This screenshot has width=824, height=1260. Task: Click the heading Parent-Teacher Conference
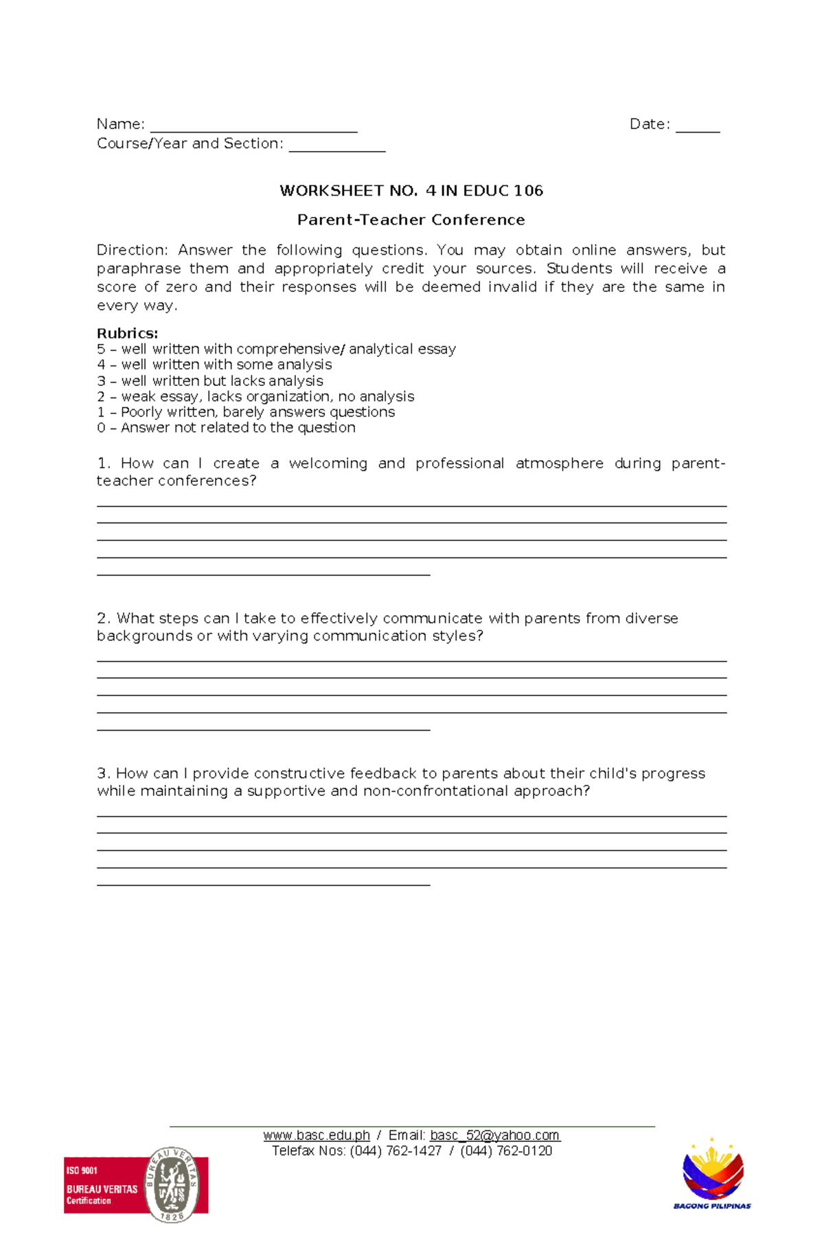point(411,220)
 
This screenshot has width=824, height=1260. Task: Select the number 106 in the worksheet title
point(528,191)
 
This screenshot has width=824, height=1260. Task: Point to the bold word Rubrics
point(127,333)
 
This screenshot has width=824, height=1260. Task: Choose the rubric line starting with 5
point(276,349)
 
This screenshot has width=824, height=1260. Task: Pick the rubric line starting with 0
point(226,428)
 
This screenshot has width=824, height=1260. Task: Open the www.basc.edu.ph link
point(317,1136)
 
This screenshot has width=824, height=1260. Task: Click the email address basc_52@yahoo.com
point(494,1136)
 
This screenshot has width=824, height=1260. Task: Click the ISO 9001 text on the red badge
point(82,1170)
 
